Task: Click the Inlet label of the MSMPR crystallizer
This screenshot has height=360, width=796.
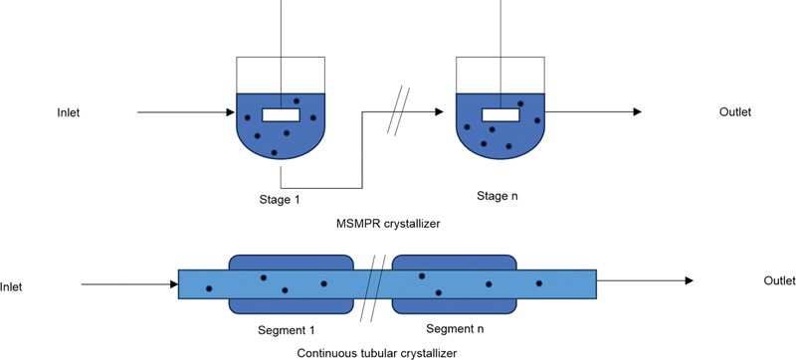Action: point(68,112)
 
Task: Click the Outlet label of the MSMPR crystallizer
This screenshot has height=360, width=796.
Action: point(735,112)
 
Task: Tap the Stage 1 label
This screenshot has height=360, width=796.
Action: point(280,199)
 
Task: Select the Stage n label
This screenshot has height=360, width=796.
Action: point(497,196)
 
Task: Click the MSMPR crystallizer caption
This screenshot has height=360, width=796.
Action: point(388,223)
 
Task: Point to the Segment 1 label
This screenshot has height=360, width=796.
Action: point(287,330)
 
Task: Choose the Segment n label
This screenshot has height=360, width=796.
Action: point(455,328)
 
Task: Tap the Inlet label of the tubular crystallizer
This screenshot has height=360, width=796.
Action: point(11,287)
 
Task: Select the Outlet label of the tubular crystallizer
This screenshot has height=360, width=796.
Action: point(779,280)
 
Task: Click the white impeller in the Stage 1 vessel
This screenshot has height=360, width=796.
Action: point(281,115)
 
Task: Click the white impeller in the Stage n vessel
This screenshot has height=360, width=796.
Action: point(500,115)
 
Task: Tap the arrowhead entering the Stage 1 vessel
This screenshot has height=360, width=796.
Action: point(231,112)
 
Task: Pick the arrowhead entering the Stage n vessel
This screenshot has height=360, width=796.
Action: point(440,111)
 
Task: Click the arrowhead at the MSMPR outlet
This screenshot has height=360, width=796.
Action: point(637,111)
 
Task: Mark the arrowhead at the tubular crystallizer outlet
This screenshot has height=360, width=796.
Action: point(689,280)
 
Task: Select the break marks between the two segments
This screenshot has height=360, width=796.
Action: point(373,287)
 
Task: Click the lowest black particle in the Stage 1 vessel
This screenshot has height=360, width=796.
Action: point(275,152)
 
